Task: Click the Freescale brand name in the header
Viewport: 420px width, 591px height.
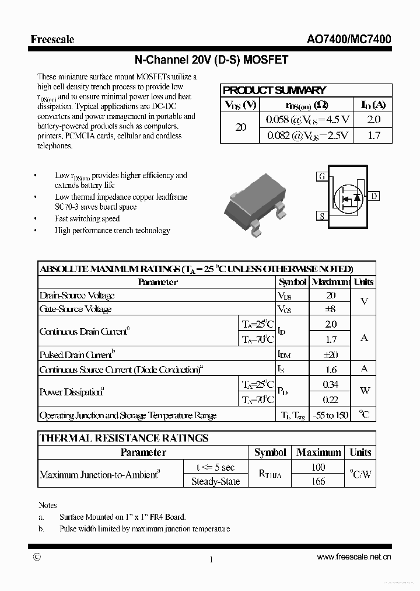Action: click(x=52, y=39)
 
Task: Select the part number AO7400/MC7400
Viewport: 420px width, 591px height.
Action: click(x=349, y=39)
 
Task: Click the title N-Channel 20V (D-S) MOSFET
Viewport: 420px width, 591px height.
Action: click(x=211, y=60)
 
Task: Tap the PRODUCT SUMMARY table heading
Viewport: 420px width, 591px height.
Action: click(x=274, y=91)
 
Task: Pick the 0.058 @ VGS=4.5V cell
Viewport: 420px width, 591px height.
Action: click(x=307, y=120)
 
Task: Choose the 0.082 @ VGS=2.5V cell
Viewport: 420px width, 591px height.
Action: click(x=307, y=135)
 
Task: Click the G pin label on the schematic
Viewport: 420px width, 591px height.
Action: click(x=321, y=176)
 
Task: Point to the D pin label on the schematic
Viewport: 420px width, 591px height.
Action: click(x=374, y=196)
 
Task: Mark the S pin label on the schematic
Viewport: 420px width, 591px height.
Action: click(x=321, y=216)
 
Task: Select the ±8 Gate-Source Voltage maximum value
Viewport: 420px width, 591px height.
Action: click(x=331, y=309)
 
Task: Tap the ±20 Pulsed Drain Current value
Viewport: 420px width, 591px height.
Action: click(x=331, y=354)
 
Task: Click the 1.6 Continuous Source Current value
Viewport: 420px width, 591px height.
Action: click(x=331, y=369)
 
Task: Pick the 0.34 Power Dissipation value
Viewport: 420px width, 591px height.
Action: click(x=331, y=384)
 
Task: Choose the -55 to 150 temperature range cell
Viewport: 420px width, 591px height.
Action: click(x=331, y=415)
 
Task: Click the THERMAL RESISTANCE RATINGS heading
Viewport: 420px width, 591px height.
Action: click(x=124, y=438)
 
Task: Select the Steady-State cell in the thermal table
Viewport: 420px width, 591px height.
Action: click(x=215, y=481)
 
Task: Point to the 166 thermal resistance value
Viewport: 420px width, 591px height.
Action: click(x=318, y=481)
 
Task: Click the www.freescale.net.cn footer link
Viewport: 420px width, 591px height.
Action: click(x=354, y=557)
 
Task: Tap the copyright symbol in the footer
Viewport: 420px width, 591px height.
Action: click(x=37, y=557)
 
